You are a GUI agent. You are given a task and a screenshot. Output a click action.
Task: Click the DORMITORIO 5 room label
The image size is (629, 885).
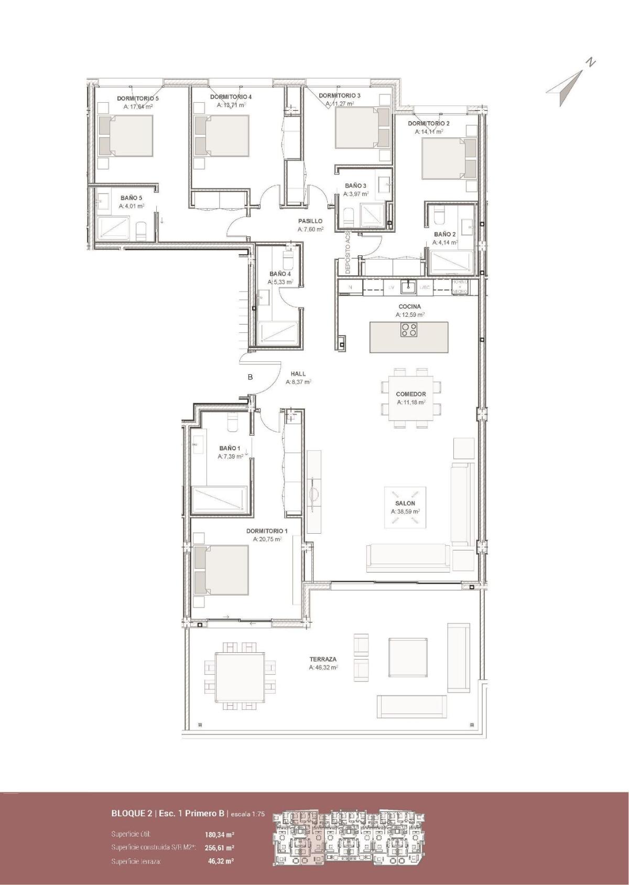tap(138, 98)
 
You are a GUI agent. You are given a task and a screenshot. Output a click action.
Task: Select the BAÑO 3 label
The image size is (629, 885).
tap(355, 186)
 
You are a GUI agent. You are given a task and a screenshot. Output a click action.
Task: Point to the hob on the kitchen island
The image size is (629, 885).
tap(409, 330)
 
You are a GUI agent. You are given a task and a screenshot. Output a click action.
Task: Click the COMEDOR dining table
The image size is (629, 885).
tap(410, 398)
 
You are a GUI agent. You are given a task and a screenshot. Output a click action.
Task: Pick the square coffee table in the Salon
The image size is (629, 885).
tap(406, 507)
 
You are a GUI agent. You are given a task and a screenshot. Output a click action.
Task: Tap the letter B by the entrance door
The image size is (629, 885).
tap(251, 376)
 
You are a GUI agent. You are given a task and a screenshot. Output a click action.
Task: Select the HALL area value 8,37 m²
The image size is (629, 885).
tap(298, 382)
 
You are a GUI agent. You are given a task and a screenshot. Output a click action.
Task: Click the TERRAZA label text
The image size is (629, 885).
tap(323, 659)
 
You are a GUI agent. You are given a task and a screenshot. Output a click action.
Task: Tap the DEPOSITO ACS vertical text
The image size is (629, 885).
tap(348, 253)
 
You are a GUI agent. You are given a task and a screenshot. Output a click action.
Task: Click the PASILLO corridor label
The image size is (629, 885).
tap(310, 221)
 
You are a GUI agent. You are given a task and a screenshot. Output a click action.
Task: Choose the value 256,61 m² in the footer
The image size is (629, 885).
tap(219, 847)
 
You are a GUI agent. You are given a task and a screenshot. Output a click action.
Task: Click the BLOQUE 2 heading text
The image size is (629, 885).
tap(132, 814)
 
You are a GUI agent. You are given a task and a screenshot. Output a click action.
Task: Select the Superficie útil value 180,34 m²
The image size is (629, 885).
tap(219, 834)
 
